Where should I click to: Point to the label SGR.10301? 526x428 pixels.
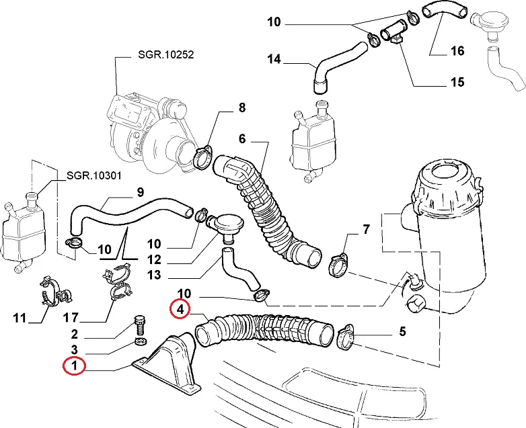[93, 176]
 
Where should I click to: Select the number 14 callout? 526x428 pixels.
[274, 59]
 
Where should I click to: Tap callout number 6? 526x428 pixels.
[242, 139]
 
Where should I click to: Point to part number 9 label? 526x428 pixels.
[140, 192]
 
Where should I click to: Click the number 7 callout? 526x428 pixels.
[366, 230]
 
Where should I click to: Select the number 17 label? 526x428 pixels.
[75, 316]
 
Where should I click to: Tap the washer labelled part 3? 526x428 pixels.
[141, 343]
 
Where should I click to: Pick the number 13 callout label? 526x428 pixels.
[155, 275]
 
